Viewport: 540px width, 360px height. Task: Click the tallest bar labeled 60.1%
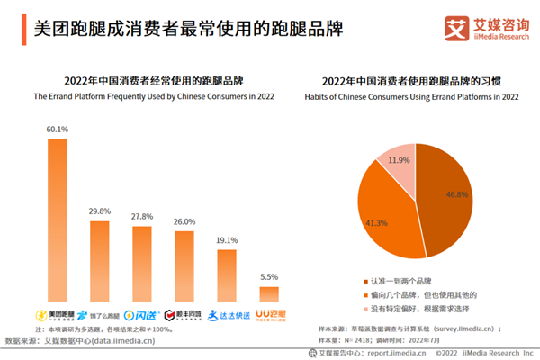click(x=57, y=220)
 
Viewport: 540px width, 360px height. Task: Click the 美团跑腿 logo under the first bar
click(x=56, y=315)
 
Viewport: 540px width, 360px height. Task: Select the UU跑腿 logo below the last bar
click(x=269, y=315)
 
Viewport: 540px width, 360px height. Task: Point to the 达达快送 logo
click(x=226, y=315)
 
